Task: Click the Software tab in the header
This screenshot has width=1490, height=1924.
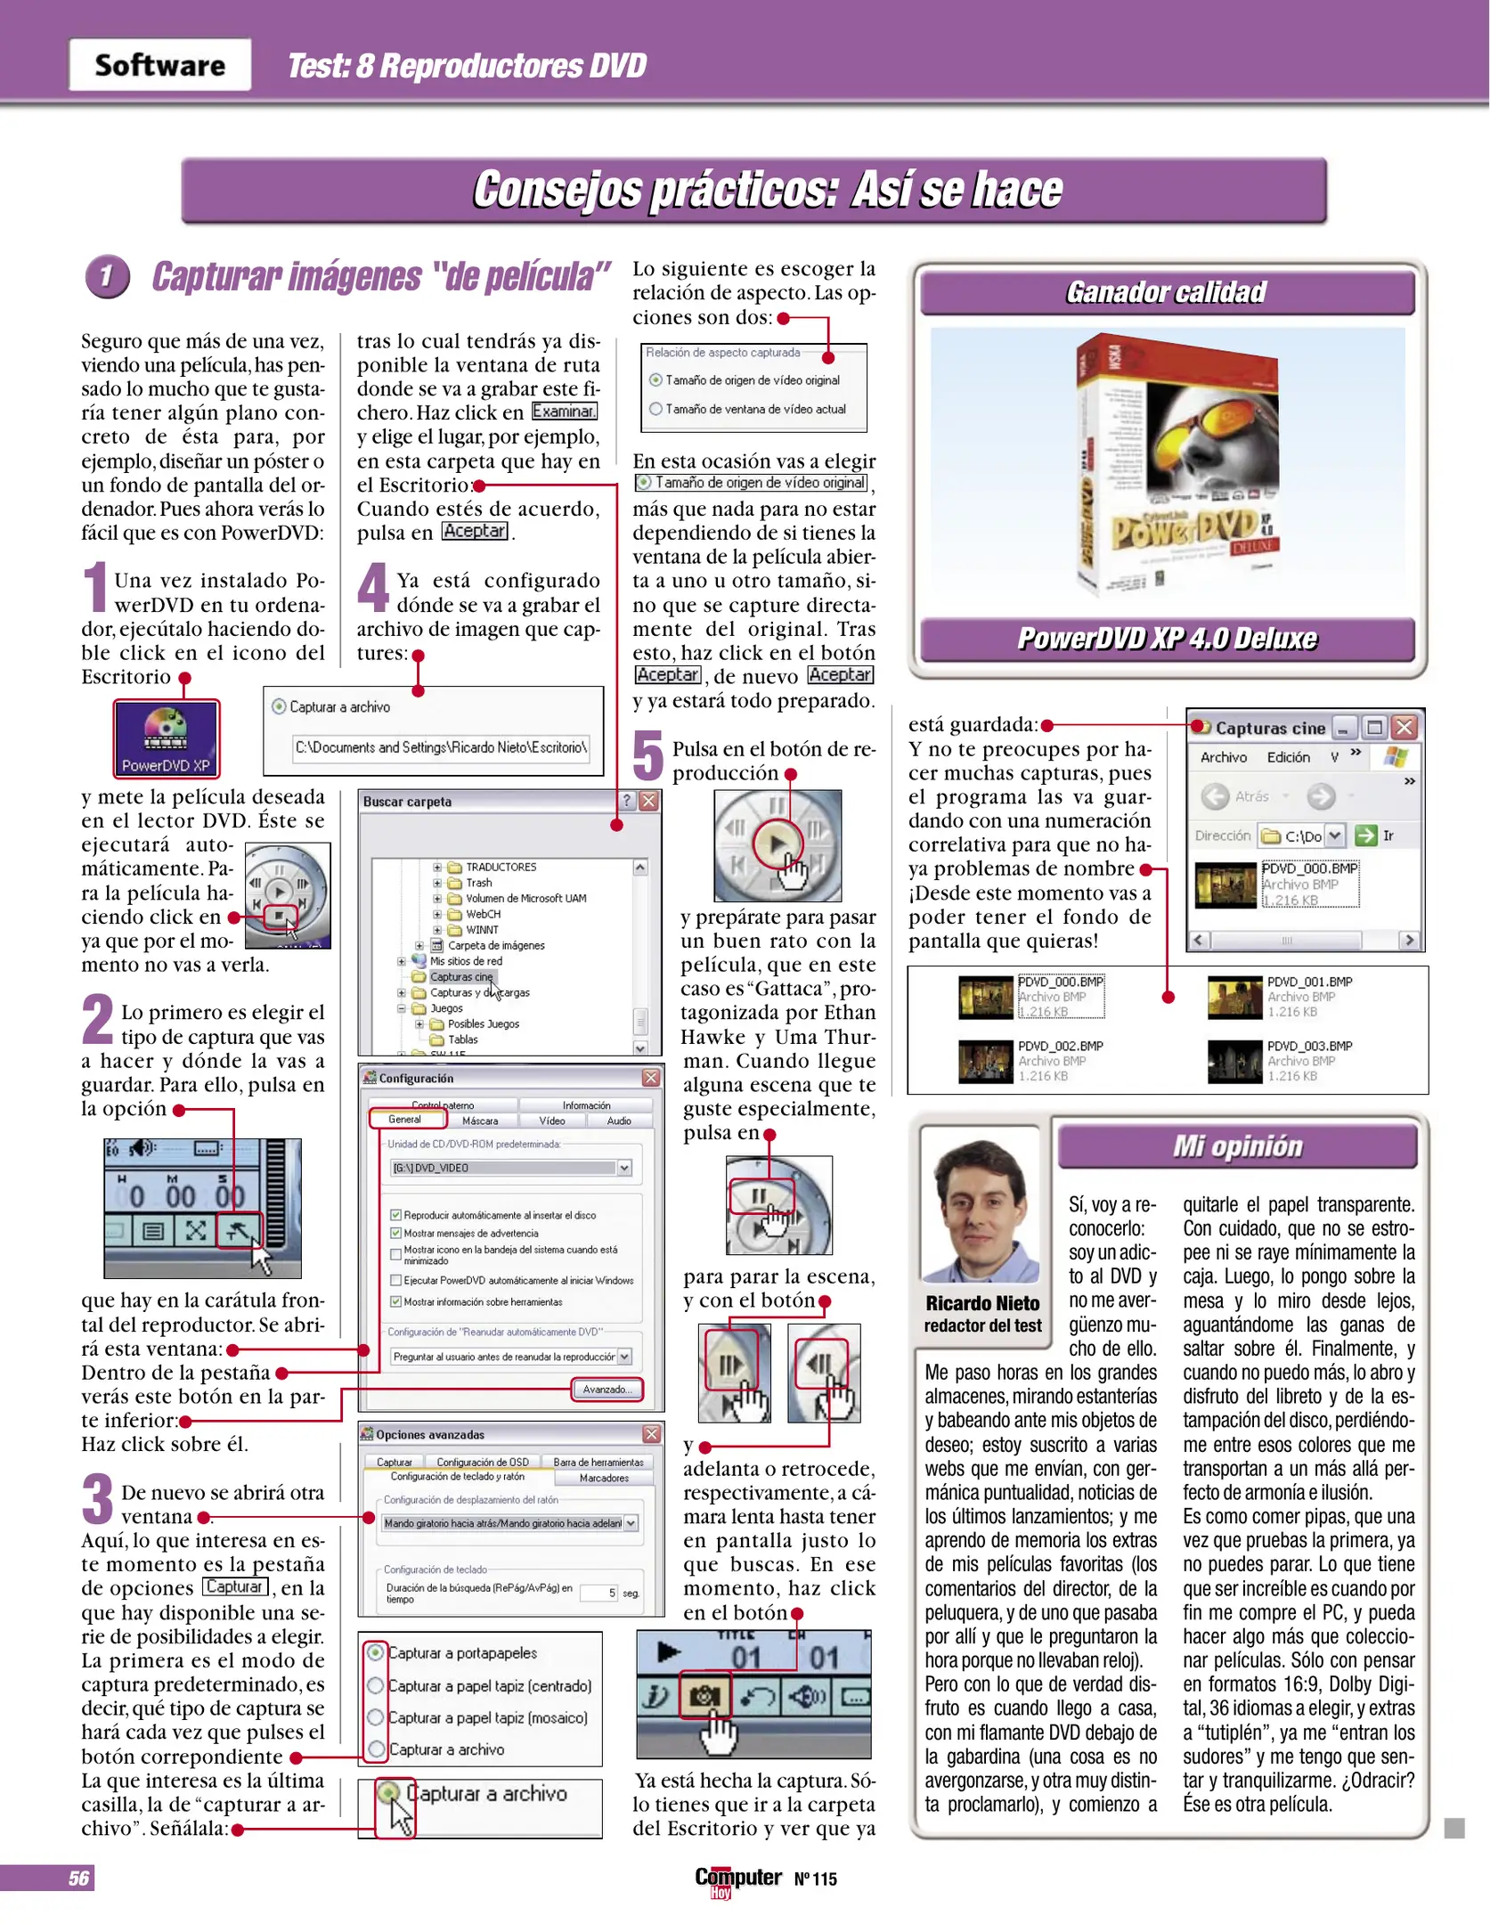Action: point(160,65)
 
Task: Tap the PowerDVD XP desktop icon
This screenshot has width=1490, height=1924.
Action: point(166,738)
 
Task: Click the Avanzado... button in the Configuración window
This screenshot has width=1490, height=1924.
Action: point(607,1389)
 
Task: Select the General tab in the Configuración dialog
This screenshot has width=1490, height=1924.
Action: point(404,1120)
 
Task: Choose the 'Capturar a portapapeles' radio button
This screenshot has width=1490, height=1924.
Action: point(376,1652)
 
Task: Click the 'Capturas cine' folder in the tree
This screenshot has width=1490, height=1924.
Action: point(460,976)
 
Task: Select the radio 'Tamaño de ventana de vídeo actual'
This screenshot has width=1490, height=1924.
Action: point(656,409)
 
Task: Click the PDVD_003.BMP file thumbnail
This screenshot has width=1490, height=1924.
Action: point(1234,1060)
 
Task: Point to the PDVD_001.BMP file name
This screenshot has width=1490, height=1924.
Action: point(1309,982)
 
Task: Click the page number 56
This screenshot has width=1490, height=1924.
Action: point(78,1878)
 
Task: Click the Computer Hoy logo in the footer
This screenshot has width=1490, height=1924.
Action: point(737,1879)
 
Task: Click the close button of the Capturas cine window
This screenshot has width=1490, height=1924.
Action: point(1405,727)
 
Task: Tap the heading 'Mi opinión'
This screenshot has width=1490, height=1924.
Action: point(1237,1145)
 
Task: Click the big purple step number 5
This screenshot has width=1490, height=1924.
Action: point(647,754)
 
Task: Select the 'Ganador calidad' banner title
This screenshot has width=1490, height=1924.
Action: point(1166,292)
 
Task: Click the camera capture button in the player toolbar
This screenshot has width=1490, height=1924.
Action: point(704,1696)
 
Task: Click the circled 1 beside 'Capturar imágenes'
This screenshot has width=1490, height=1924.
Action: point(107,276)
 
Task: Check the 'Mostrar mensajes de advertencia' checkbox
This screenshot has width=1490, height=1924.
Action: point(395,1233)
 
